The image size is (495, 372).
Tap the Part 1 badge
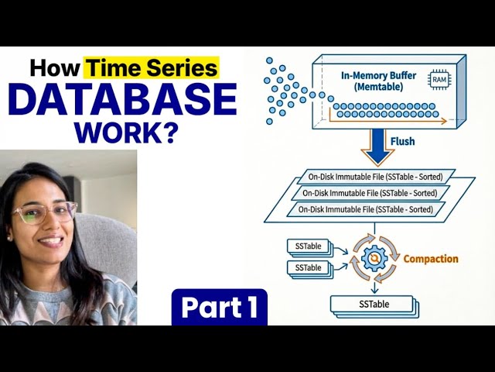coord(220,308)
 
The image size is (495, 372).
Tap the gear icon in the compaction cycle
coord(374,257)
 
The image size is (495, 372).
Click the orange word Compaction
coord(431,259)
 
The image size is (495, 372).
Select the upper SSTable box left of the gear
coord(309,246)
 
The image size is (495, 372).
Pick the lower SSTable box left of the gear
coord(309,268)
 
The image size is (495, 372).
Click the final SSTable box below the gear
coord(374,305)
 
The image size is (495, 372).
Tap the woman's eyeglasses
coord(44,212)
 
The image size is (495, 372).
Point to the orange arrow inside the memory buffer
coord(387,120)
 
